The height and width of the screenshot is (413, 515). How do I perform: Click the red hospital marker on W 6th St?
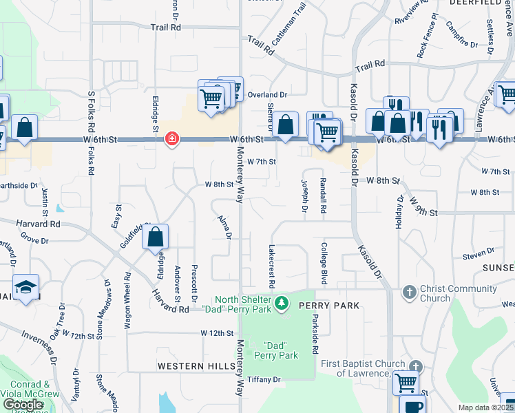coord(171,140)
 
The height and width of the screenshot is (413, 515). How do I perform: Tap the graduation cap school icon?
coord(25,288)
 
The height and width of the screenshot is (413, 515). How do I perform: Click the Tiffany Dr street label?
coord(264,379)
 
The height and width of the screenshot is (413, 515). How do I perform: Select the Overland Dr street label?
coord(268,94)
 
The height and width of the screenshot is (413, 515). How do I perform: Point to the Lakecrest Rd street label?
coord(273,266)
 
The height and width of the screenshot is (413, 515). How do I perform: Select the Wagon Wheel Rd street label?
coord(127,301)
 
